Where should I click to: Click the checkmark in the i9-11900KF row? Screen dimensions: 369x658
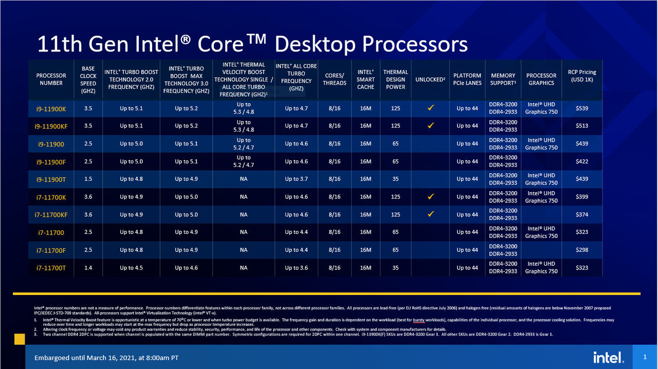tap(431, 125)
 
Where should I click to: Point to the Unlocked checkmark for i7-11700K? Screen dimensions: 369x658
tap(431, 196)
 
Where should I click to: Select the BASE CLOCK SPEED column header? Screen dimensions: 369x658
tap(88, 80)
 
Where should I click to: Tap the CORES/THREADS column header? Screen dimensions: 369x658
tap(335, 79)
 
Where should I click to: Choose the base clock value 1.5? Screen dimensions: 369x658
tap(88, 179)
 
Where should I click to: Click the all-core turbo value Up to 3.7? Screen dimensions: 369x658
tap(296, 179)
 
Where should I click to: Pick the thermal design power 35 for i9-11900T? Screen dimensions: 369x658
tap(395, 179)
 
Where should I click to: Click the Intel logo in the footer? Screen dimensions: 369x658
tap(609, 357)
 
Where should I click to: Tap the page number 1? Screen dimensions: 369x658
tap(645, 357)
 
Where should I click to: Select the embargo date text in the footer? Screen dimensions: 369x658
tap(106, 358)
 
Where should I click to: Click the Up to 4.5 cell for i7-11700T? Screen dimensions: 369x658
tap(131, 268)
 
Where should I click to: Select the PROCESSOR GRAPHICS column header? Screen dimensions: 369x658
tap(541, 79)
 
